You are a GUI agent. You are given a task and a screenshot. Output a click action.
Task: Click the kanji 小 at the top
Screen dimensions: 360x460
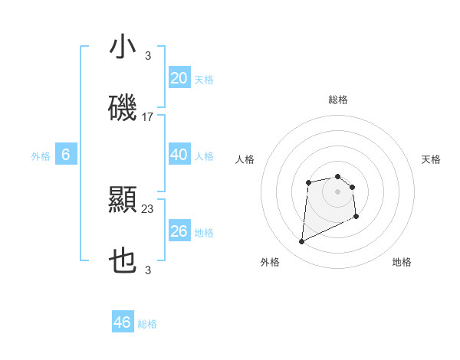(123, 47)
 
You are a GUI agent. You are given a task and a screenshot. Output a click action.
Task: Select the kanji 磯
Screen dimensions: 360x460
(123, 109)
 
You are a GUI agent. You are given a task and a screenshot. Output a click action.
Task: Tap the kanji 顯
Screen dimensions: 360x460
(123, 200)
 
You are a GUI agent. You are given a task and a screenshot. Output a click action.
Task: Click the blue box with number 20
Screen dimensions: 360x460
(179, 78)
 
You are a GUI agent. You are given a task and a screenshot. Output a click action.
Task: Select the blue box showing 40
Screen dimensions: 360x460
(179, 155)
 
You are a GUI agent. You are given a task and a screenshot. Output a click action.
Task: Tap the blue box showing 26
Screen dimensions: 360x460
(179, 231)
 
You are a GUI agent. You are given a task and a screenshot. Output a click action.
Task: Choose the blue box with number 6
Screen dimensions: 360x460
(66, 155)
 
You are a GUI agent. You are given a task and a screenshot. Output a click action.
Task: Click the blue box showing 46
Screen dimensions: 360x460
(122, 322)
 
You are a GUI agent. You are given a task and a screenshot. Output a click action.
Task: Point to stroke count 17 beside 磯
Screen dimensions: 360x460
(148, 117)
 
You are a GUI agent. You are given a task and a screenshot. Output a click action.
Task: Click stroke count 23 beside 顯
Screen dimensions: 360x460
(148, 208)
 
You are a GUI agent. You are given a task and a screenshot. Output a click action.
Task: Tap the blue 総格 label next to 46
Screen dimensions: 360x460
(147, 324)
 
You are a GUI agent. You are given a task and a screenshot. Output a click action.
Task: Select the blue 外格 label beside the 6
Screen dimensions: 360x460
(41, 156)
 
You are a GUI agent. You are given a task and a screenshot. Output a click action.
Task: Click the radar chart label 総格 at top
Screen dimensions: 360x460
(338, 100)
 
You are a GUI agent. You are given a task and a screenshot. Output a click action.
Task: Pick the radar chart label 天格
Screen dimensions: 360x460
(432, 159)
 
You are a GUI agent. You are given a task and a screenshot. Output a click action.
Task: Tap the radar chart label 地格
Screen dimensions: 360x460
(402, 262)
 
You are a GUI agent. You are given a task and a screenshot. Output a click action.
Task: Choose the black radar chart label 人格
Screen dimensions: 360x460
(245, 159)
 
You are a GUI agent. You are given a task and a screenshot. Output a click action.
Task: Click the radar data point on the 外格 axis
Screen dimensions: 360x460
(301, 242)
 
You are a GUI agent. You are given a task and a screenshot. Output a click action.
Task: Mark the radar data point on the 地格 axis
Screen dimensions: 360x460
(357, 218)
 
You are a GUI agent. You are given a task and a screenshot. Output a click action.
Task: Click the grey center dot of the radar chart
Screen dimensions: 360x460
(337, 191)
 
